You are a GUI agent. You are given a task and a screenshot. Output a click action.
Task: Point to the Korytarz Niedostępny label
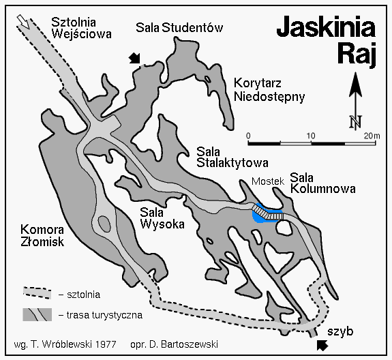pos(268,89)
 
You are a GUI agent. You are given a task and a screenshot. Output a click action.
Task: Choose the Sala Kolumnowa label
pos(322,182)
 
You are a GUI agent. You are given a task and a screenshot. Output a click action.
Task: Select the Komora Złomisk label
pos(42,235)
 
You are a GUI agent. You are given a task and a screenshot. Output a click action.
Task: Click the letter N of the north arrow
pos(355,122)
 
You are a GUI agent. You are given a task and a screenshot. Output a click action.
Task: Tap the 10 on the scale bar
pos(312,135)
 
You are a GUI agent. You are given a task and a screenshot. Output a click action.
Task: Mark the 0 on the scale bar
pos(249,135)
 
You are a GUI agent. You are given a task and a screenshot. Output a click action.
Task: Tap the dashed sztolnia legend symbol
pos(37,292)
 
